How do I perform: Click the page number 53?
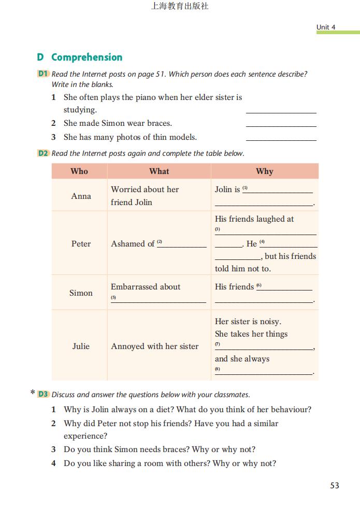point(334,485)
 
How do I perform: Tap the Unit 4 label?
point(326,27)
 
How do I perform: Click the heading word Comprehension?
point(87,57)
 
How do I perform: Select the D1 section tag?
point(43,74)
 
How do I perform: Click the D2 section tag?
point(43,153)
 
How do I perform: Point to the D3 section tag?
point(43,394)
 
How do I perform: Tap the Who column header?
point(79,171)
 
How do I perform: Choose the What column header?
point(159,171)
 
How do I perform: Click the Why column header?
point(264,171)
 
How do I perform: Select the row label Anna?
point(81,196)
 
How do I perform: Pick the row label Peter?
point(81,244)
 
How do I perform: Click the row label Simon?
point(81,293)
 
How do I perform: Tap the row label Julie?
point(81,346)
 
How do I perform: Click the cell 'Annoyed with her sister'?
point(154,346)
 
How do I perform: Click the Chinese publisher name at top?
point(180,7)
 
